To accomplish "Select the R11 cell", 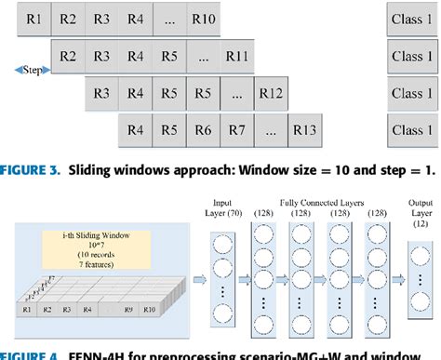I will click(x=236, y=57).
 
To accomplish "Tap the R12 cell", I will click(x=272, y=93).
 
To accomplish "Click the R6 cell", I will click(x=204, y=130).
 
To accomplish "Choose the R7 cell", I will click(x=237, y=130).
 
